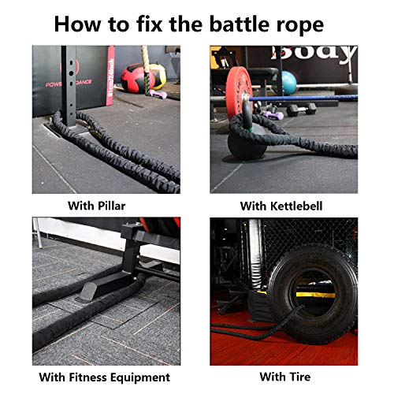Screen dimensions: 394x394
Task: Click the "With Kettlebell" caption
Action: [x=283, y=206]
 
